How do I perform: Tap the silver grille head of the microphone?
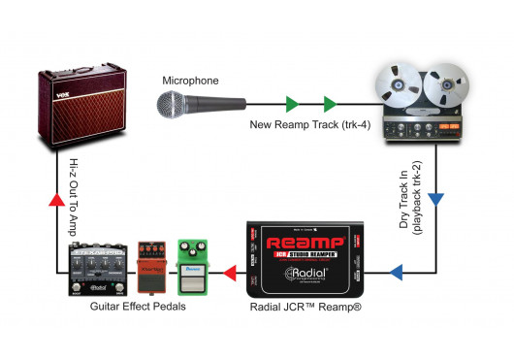171,100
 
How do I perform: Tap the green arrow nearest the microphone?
291,102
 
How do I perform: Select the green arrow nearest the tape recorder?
331,102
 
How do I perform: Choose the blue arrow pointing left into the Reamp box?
397,272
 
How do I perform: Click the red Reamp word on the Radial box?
305,241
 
